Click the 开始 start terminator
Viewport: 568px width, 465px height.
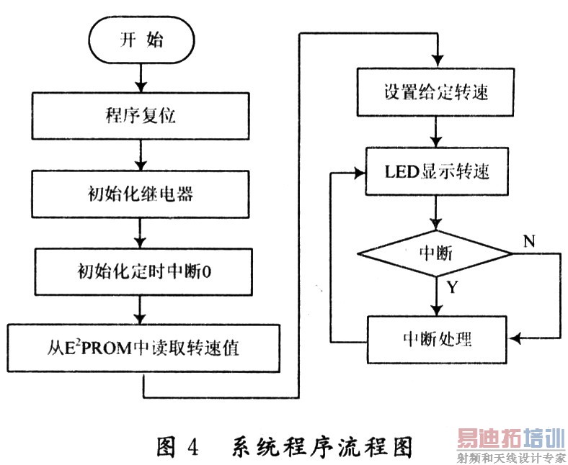tap(142, 39)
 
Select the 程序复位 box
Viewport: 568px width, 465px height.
tap(142, 114)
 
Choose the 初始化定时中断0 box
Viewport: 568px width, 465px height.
tap(142, 271)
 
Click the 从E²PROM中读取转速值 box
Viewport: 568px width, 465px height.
tap(143, 348)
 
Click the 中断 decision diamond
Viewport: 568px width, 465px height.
tap(435, 253)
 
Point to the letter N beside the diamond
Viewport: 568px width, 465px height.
tap(529, 241)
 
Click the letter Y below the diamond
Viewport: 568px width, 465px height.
tap(452, 288)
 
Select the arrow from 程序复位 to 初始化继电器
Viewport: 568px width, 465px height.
tap(142, 153)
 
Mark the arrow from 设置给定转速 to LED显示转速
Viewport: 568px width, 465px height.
tap(435, 133)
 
